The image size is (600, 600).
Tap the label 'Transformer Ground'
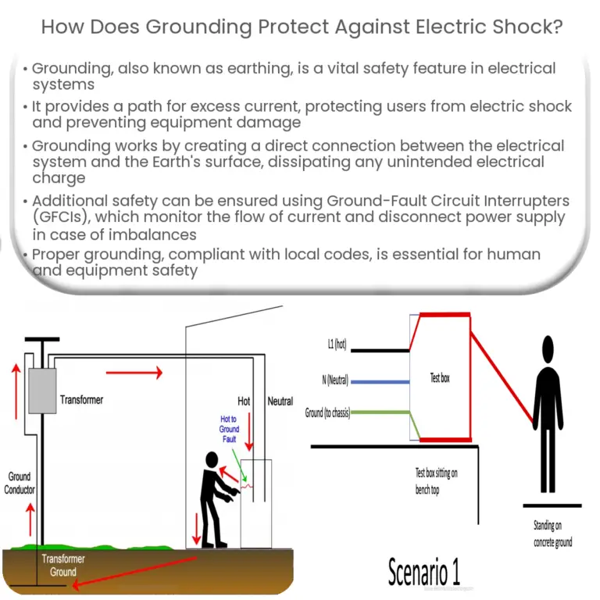coord(63,566)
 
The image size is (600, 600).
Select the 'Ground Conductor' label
coord(20,483)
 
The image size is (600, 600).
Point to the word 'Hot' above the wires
coord(244,401)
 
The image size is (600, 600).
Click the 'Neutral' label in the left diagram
coord(280,401)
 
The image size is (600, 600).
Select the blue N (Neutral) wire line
coord(380,382)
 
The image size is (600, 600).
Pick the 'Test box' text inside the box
coord(440,378)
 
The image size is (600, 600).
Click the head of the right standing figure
coord(548,346)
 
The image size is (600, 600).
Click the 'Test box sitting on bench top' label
coord(438,481)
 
